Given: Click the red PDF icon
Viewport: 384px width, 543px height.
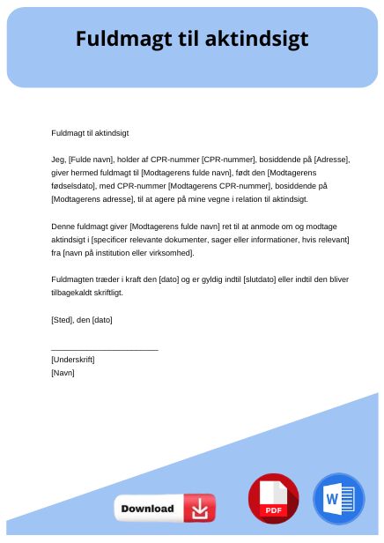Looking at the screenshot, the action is click(273, 499).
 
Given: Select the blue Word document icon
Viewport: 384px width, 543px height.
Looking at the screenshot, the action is click(338, 499).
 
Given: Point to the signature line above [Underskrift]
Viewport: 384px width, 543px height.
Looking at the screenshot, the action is click(105, 350).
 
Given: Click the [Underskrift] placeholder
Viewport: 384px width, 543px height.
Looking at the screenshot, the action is click(73, 360).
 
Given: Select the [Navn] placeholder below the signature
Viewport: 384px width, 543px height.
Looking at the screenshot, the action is click(63, 373).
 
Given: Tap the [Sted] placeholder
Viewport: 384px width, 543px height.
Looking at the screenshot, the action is click(63, 319).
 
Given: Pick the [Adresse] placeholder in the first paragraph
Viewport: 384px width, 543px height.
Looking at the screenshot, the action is click(332, 160).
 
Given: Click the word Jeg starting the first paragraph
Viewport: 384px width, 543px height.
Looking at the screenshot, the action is click(58, 160).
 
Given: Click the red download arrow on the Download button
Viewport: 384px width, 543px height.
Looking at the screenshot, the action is click(200, 509).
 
